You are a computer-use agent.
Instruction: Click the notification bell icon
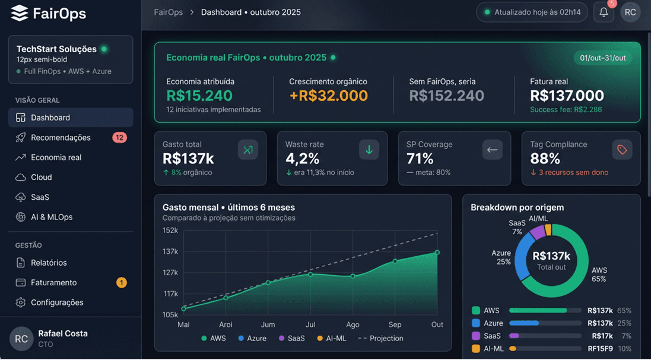pos(604,12)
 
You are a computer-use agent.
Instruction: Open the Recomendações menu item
pos(61,138)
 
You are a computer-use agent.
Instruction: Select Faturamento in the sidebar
pos(54,282)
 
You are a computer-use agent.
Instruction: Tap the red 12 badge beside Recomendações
pos(119,138)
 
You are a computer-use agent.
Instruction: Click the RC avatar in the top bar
pos(630,12)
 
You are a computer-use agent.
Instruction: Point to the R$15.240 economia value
pos(199,95)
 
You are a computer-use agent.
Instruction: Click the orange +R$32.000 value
pos(328,95)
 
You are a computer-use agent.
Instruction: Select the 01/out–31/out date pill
pos(603,58)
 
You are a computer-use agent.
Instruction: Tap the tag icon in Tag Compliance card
pos(622,150)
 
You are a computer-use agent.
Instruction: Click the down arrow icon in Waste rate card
pos(369,150)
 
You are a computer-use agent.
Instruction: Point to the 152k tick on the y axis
pos(170,230)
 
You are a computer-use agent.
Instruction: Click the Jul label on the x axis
pos(310,324)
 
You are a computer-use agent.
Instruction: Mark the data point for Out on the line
pos(437,253)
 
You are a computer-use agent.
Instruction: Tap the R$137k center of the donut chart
pos(551,260)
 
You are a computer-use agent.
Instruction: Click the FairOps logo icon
pos(20,14)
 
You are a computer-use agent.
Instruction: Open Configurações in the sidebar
pos(57,302)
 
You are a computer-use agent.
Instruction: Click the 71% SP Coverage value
pos(420,158)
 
